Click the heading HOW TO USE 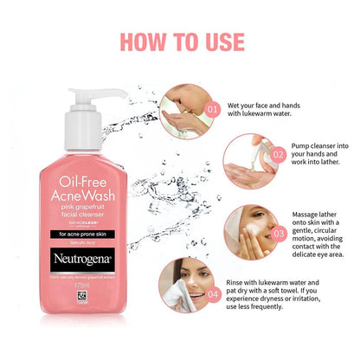(x=179, y=40)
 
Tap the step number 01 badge (x=212, y=109)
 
